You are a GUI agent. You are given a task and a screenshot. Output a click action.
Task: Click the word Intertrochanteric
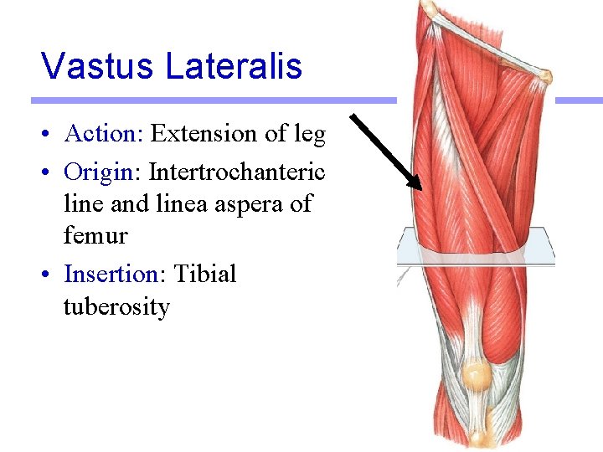(x=237, y=172)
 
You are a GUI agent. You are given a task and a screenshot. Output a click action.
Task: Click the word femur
(x=95, y=236)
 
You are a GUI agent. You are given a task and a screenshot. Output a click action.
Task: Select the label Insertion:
(x=115, y=274)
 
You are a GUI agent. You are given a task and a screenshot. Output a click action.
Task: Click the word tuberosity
(x=116, y=307)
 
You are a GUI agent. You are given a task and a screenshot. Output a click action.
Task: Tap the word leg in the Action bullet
(x=309, y=134)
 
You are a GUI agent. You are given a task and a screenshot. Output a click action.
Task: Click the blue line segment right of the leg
(x=579, y=100)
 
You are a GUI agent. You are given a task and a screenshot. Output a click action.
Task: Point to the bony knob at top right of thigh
(x=545, y=77)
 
